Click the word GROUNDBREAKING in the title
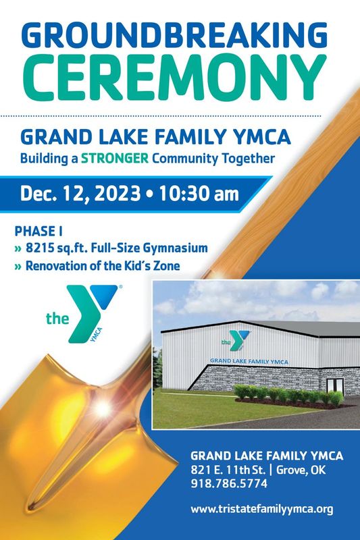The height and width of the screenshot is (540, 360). (174, 35)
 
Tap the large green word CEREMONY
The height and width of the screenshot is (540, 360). (174, 78)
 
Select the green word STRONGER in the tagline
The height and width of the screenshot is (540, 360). (115, 159)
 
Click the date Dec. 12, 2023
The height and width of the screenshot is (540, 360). (80, 194)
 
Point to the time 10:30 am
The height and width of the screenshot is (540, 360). (199, 194)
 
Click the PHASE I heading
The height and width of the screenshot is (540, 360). (38, 231)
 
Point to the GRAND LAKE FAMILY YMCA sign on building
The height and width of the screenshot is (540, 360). (249, 361)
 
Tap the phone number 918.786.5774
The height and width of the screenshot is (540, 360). (229, 483)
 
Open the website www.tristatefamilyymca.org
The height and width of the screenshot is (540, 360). (262, 510)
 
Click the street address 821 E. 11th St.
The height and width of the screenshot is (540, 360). (228, 470)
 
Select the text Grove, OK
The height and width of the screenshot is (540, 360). (301, 470)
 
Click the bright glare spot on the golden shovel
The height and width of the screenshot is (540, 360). (103, 408)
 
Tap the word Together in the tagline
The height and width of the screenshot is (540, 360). (248, 159)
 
